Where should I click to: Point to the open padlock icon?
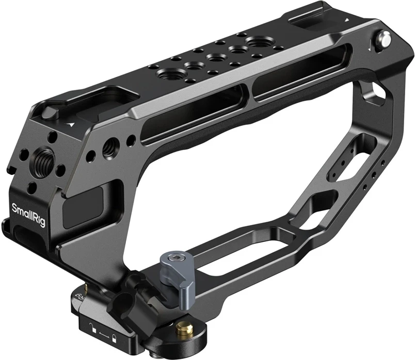pyautogui.click(x=92, y=327)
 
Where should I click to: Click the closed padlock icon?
pyautogui.click(x=114, y=338)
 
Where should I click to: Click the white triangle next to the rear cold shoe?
pyautogui.click(x=346, y=20)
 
